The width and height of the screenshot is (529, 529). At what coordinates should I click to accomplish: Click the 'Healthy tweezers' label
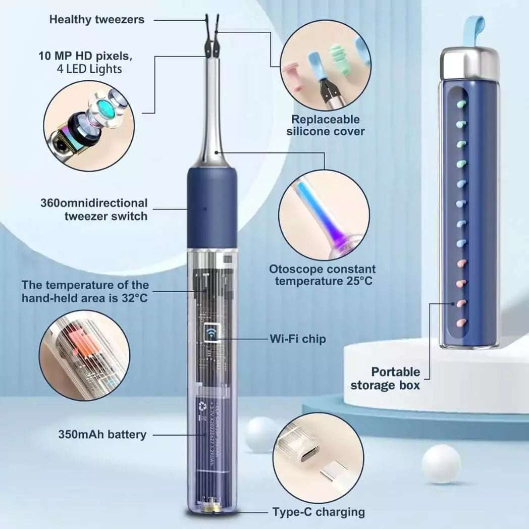pos(96,20)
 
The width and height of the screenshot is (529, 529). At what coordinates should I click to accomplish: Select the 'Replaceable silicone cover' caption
pos(326,125)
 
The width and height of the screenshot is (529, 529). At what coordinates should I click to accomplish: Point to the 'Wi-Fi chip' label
pos(297,339)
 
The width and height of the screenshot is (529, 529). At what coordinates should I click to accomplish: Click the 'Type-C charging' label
pos(319,511)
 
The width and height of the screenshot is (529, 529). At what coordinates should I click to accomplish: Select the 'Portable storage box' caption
pos(395,379)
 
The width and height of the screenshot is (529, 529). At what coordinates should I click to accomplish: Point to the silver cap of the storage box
pos(469,64)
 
